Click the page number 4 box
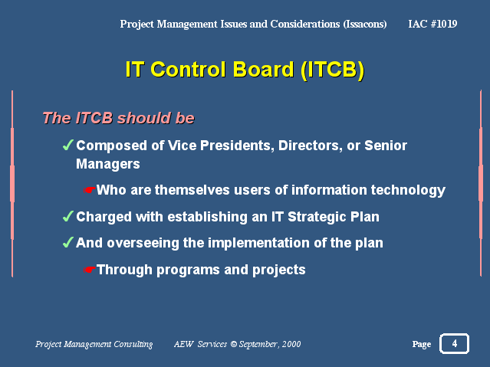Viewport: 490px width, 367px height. [x=454, y=343]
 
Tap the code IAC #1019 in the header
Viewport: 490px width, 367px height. [x=432, y=24]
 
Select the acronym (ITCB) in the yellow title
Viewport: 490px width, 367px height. [x=333, y=70]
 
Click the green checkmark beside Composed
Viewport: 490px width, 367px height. [x=67, y=145]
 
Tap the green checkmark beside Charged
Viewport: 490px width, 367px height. [x=67, y=216]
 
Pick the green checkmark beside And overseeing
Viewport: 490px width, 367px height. [x=67, y=242]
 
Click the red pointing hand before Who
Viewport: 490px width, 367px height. [x=90, y=189]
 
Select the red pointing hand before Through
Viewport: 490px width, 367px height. [x=90, y=269]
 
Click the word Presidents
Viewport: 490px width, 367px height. [x=237, y=146]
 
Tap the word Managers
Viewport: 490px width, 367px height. [x=108, y=164]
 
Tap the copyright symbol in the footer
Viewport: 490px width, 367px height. [x=233, y=344]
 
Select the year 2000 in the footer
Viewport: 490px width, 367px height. [x=291, y=344]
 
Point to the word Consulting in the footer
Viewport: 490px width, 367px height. [x=133, y=344]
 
